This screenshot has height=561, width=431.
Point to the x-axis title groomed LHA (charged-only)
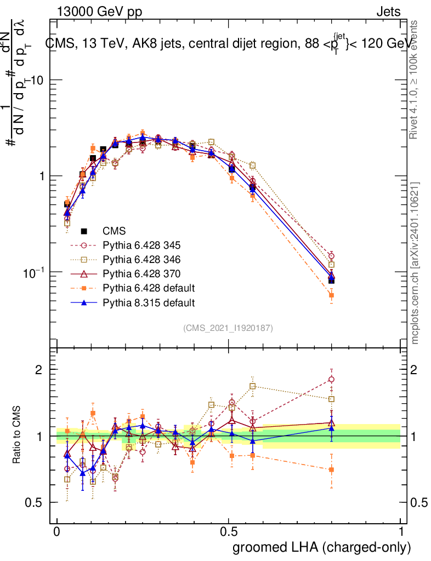pyautogui.click(x=322, y=547)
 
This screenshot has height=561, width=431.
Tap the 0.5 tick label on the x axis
pyautogui.click(x=229, y=532)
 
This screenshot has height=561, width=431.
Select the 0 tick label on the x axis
pyautogui.click(x=57, y=532)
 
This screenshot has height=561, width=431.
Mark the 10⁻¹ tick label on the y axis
pyautogui.click(x=34, y=272)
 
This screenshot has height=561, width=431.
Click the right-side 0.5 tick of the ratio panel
pyautogui.click(x=419, y=503)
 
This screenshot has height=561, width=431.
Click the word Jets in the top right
pyautogui.click(x=388, y=12)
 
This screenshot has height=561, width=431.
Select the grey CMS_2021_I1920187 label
pyautogui.click(x=228, y=328)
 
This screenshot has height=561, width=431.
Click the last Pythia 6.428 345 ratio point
pyautogui.click(x=331, y=379)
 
